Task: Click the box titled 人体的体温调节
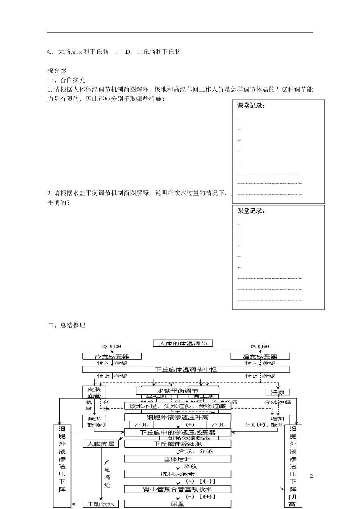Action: pyautogui.click(x=183, y=343)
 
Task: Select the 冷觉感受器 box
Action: pyautogui.click(x=112, y=356)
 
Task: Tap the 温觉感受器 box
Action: pyautogui.click(x=260, y=356)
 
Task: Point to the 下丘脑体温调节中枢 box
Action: pyautogui.click(x=186, y=369)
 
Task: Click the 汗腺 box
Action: pyautogui.click(x=278, y=392)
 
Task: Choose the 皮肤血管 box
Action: pyautogui.click(x=94, y=392)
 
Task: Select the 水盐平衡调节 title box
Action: pyautogui.click(x=177, y=391)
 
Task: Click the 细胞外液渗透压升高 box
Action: pyautogui.click(x=177, y=417)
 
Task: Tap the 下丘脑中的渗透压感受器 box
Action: pyautogui.click(x=177, y=432)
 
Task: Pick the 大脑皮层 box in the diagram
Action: pyautogui.click(x=100, y=443)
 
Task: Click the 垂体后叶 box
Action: pyautogui.click(x=177, y=459)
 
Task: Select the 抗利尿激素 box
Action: pyautogui.click(x=177, y=474)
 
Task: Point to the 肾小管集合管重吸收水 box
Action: pyautogui.click(x=177, y=489)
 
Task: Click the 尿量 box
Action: pyautogui.click(x=177, y=504)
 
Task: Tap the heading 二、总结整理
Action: pyautogui.click(x=66, y=325)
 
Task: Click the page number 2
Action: pyautogui.click(x=311, y=476)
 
